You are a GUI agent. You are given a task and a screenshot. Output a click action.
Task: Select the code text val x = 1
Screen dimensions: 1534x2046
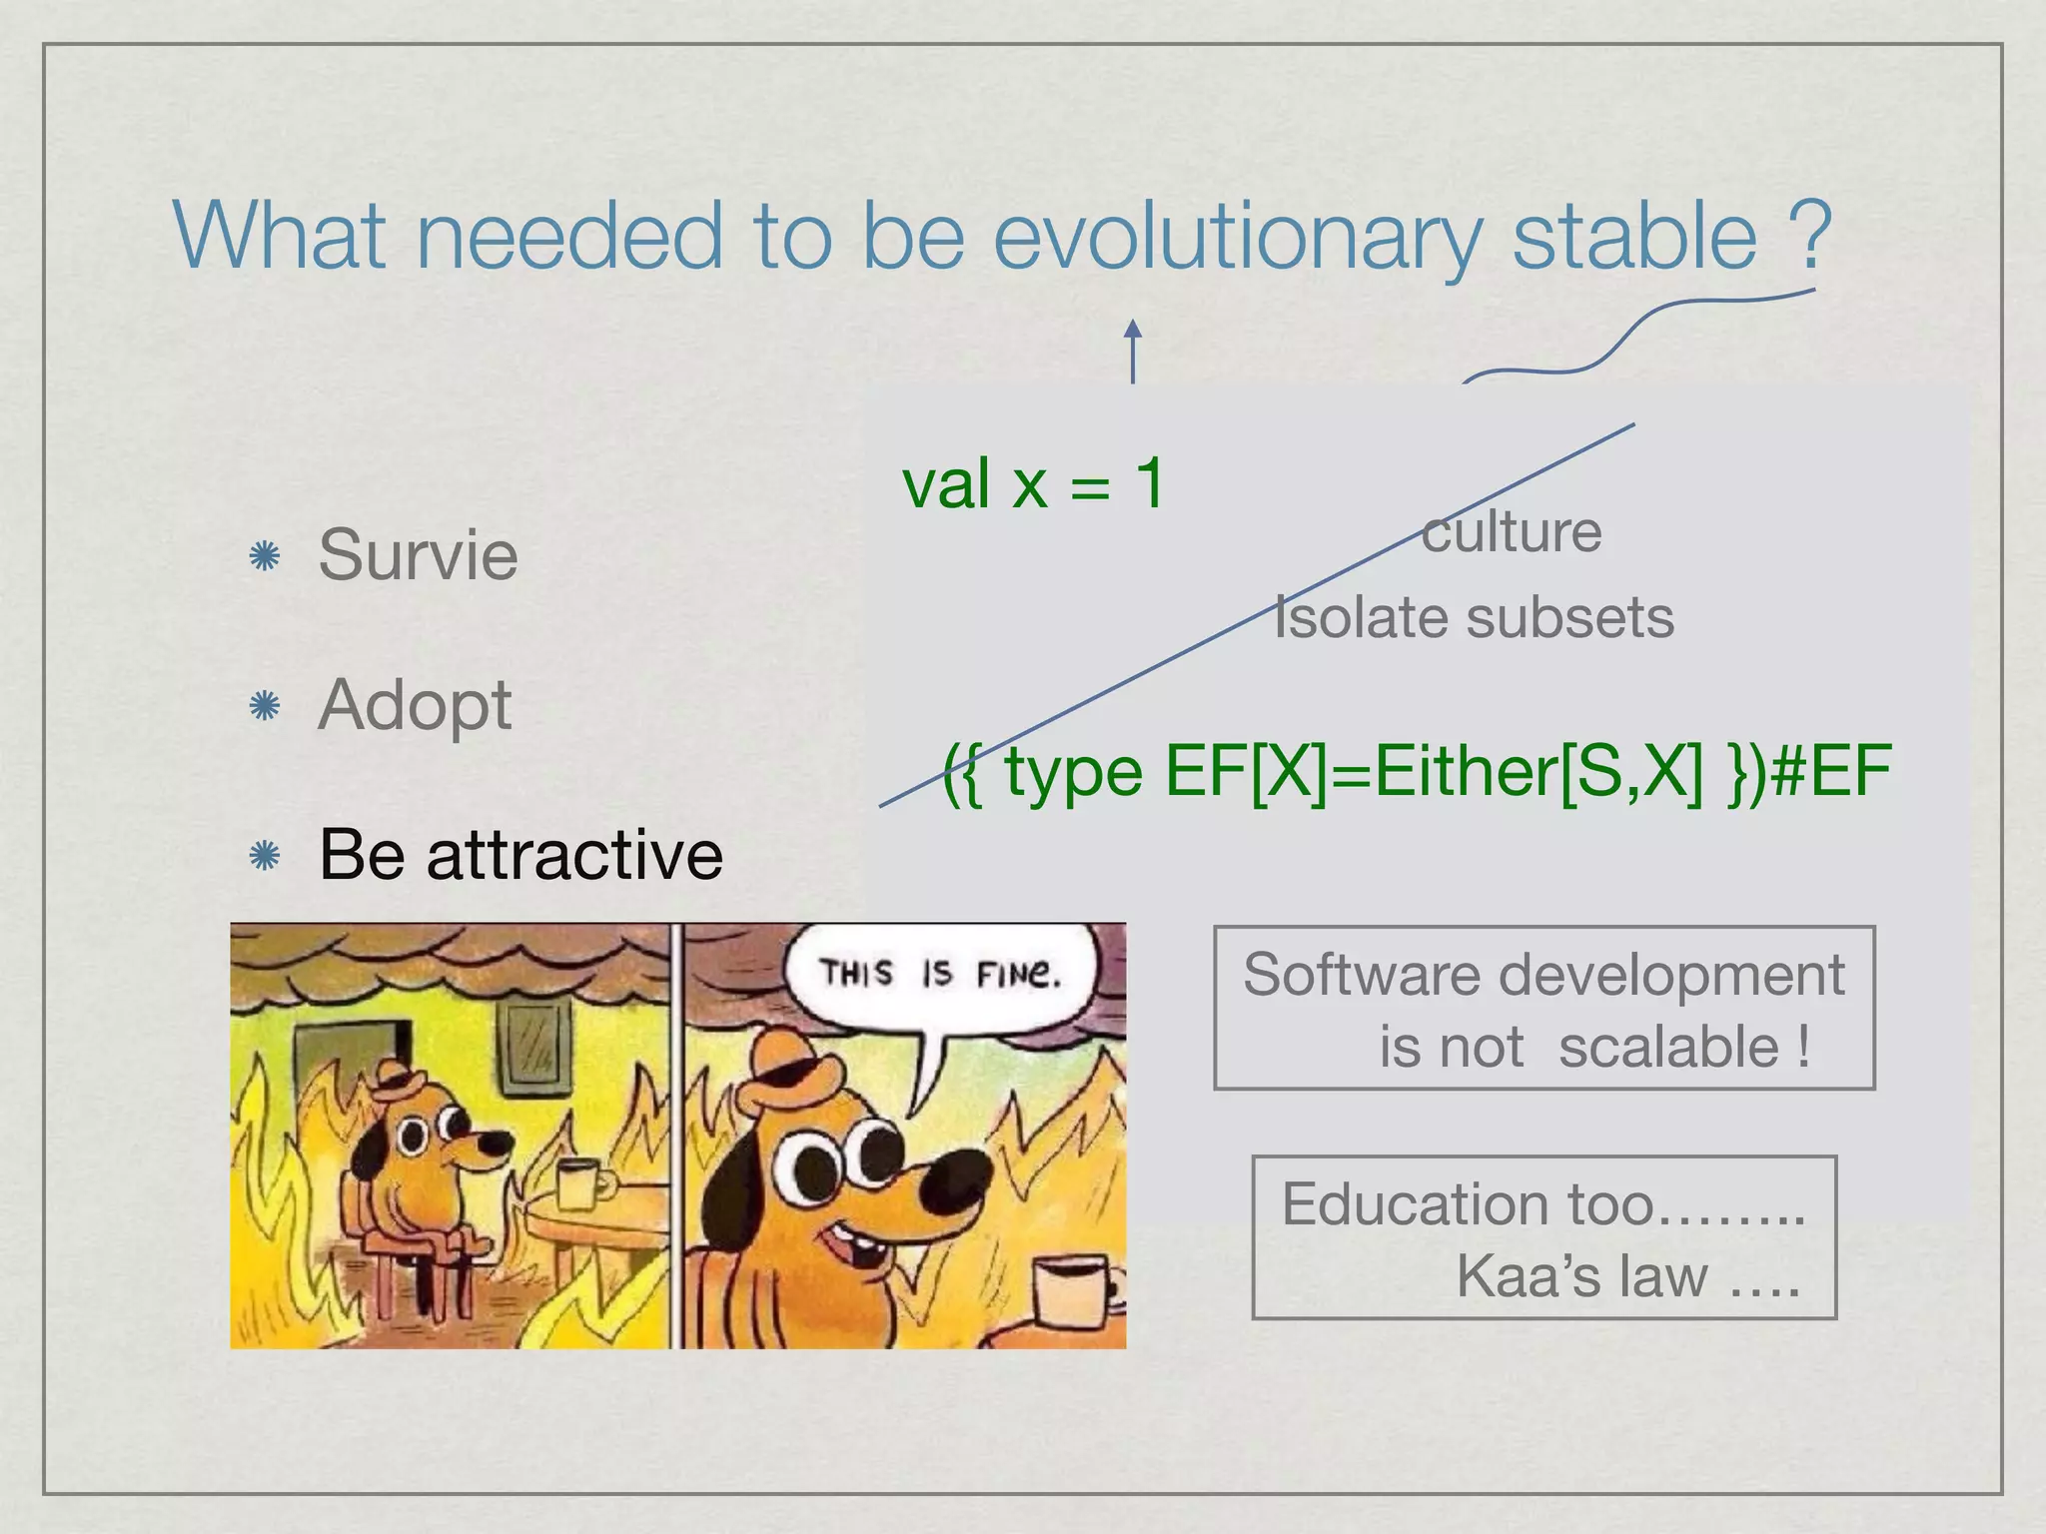pyautogui.click(x=1033, y=484)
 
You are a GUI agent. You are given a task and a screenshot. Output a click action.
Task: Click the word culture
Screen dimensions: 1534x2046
pyautogui.click(x=1511, y=531)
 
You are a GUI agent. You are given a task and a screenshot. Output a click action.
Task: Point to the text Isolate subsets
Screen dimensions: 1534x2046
pyautogui.click(x=1474, y=617)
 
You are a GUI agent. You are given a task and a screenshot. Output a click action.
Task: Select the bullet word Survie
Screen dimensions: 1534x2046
pyautogui.click(x=418, y=555)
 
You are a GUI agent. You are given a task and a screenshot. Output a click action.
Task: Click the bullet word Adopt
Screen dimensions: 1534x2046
pyautogui.click(x=415, y=705)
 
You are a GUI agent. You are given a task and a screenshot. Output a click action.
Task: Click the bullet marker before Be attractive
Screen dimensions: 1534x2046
pyautogui.click(x=265, y=856)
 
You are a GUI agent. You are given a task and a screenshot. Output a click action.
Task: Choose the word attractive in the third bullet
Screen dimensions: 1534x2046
pyautogui.click(x=574, y=856)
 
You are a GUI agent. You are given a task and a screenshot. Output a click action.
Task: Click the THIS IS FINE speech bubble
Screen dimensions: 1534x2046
pyautogui.click(x=939, y=973)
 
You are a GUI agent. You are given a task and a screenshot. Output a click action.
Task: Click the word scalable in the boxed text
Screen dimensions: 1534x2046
pyautogui.click(x=1668, y=1047)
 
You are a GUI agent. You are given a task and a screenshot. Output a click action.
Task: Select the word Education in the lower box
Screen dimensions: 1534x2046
pyautogui.click(x=1417, y=1204)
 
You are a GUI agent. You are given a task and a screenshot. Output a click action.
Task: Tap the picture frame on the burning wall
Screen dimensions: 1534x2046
pyautogui.click(x=529, y=1049)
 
